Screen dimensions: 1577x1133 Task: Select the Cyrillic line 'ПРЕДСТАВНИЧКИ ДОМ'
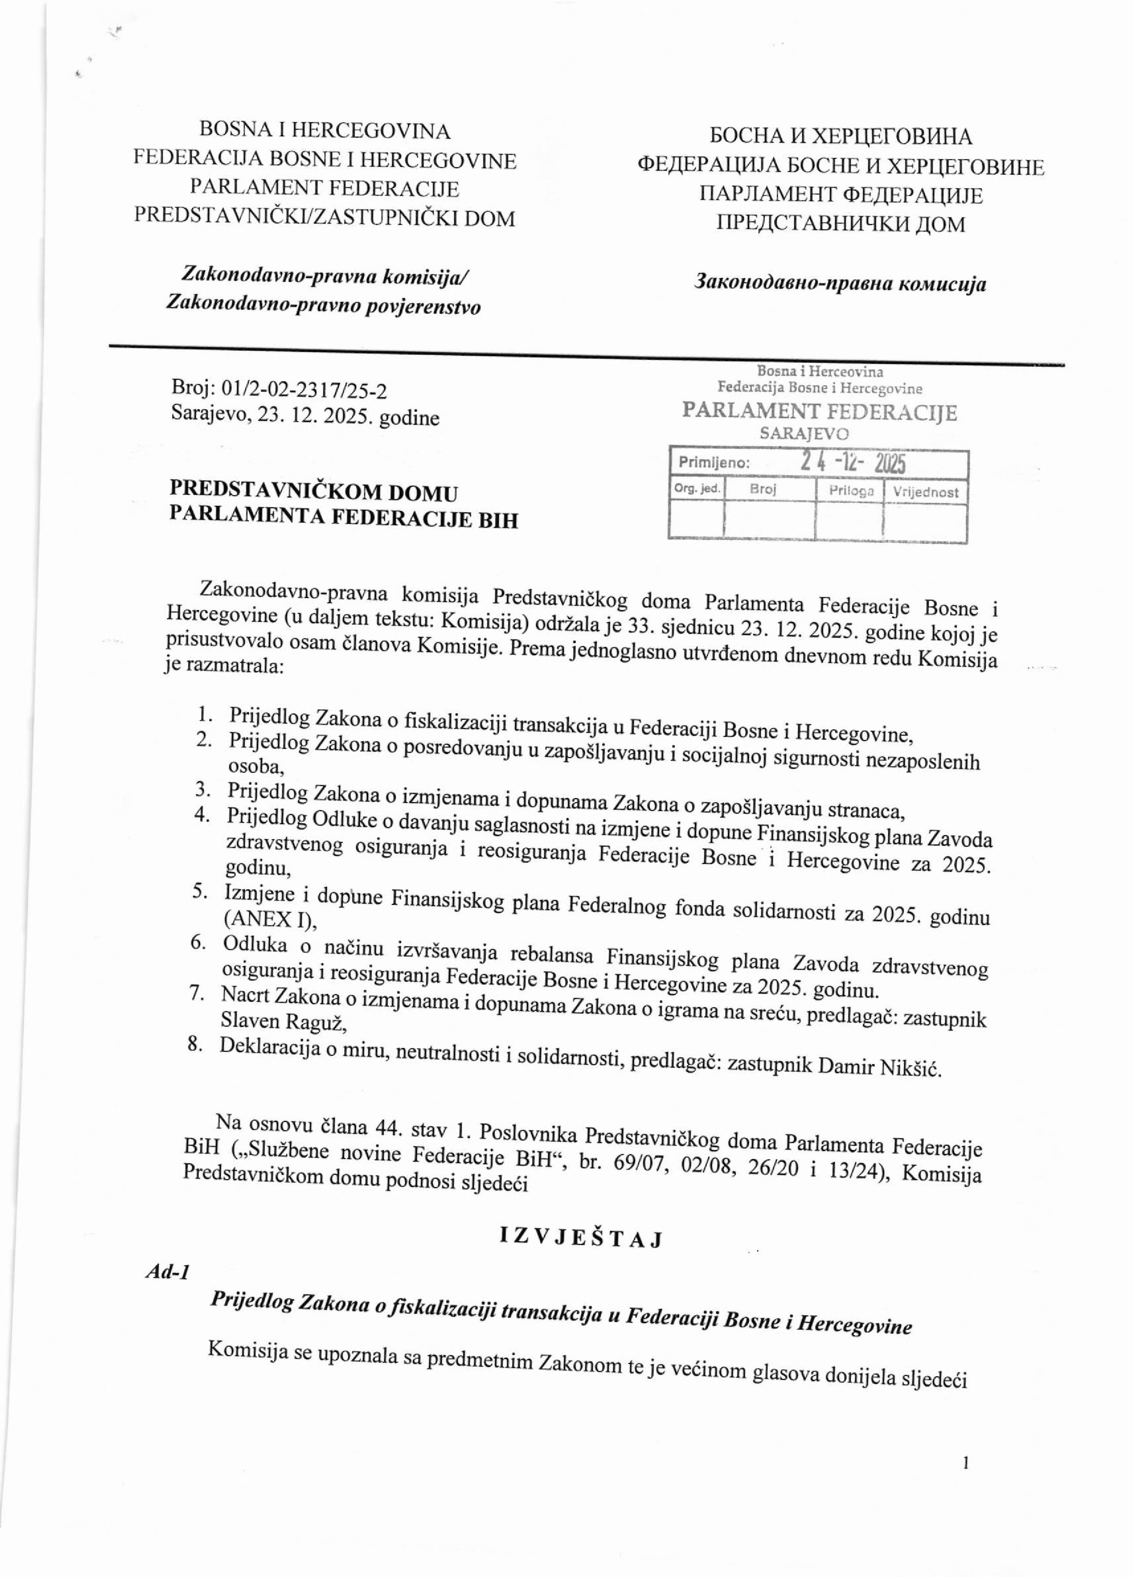(x=840, y=224)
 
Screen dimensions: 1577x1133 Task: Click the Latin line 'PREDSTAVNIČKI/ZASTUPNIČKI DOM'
(x=325, y=218)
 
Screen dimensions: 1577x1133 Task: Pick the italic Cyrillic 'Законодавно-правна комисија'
(x=840, y=284)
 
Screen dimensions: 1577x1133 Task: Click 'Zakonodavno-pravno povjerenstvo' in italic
(x=323, y=306)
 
